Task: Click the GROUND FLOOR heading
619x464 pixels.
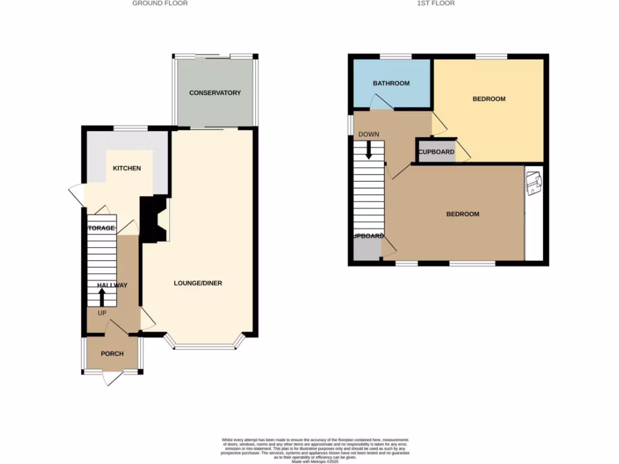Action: pyautogui.click(x=160, y=4)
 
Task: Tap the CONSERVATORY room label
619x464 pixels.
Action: pyautogui.click(x=215, y=93)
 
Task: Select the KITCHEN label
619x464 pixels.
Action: pyautogui.click(x=126, y=169)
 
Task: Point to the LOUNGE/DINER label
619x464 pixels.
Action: pyautogui.click(x=198, y=283)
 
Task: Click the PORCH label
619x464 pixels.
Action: pyautogui.click(x=112, y=354)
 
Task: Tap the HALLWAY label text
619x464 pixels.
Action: pyautogui.click(x=112, y=285)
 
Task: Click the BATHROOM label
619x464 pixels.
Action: pyautogui.click(x=391, y=83)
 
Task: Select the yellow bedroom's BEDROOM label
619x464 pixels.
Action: pyautogui.click(x=488, y=99)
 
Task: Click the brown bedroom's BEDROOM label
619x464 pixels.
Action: pyautogui.click(x=462, y=214)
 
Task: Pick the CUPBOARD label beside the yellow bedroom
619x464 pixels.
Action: pyautogui.click(x=436, y=152)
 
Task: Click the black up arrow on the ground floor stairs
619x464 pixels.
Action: pyautogui.click(x=102, y=297)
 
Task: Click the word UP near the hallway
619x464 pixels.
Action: pyautogui.click(x=102, y=313)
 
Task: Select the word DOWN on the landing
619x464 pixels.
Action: pyautogui.click(x=368, y=134)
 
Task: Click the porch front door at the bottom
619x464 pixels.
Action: pyautogui.click(x=112, y=378)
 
